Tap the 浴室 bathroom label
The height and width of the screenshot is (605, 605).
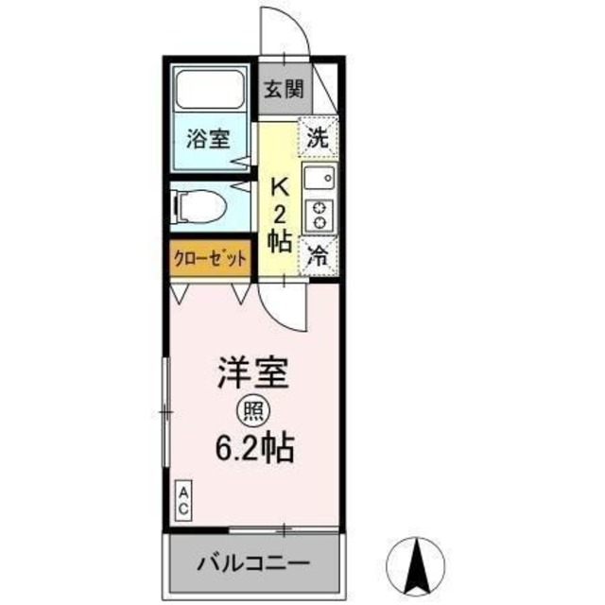coord(209,138)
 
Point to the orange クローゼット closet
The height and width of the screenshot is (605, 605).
coord(211,257)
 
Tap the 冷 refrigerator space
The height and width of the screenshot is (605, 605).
coord(320,254)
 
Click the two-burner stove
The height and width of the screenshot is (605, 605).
coord(320,216)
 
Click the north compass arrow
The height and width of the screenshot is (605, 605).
coord(416,563)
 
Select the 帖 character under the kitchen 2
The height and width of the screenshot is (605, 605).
coord(279,242)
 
